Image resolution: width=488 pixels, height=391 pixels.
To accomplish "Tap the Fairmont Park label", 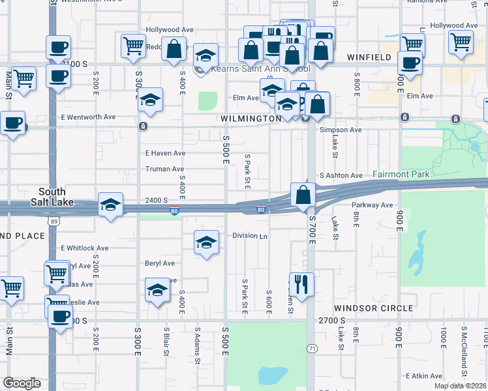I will pos(401,175).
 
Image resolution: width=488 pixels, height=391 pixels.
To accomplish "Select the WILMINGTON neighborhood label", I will pos(251,119).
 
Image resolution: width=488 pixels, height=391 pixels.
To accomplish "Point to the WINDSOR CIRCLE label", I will pos(374,308).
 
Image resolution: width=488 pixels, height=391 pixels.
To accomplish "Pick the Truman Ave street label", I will pos(164,169).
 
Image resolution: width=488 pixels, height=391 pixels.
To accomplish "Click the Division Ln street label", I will pos(251,236).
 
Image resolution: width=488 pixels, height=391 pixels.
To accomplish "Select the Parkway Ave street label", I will pos(372,205).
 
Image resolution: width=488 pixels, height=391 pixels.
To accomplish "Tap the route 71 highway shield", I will pos(312,349).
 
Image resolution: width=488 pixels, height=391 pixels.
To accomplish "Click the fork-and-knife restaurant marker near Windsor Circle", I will pos(301,284).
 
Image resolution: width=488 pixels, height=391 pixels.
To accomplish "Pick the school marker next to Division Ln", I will pos(206,243).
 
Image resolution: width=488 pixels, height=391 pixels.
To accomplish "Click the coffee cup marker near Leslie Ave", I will pos(61,317).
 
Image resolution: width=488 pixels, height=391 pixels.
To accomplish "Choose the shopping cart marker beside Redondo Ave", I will pos(133,46).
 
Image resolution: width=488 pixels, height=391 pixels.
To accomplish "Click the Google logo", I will pos(22,383).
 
